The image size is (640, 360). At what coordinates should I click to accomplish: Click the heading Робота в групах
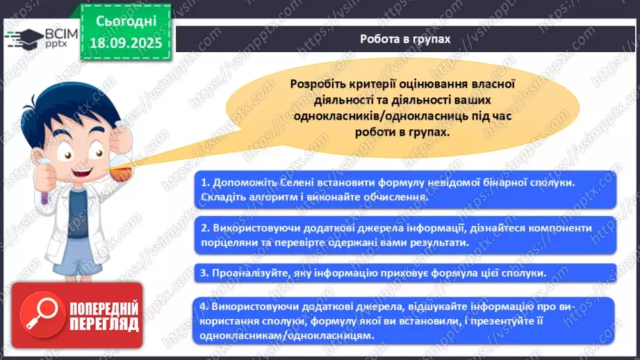point(405,39)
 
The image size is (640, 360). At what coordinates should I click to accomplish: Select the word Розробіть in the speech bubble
point(320,84)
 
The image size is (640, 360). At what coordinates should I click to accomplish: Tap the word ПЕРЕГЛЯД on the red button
point(104,324)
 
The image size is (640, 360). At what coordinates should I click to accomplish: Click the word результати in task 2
point(433,243)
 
